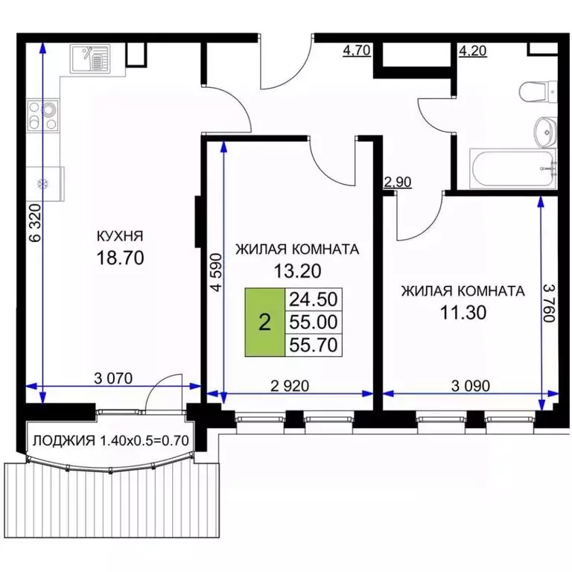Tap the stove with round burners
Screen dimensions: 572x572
click(x=44, y=116)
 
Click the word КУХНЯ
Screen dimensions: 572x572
click(x=120, y=236)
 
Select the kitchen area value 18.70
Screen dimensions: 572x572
click(x=120, y=258)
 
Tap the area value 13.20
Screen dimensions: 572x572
click(x=296, y=271)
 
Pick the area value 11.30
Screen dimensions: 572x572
click(x=463, y=312)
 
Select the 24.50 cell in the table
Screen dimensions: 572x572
click(x=313, y=299)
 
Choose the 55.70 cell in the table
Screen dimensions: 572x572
click(x=313, y=344)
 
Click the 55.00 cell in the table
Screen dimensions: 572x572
click(x=313, y=322)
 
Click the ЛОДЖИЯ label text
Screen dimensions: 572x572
click(x=63, y=441)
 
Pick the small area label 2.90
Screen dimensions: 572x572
click(x=397, y=182)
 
